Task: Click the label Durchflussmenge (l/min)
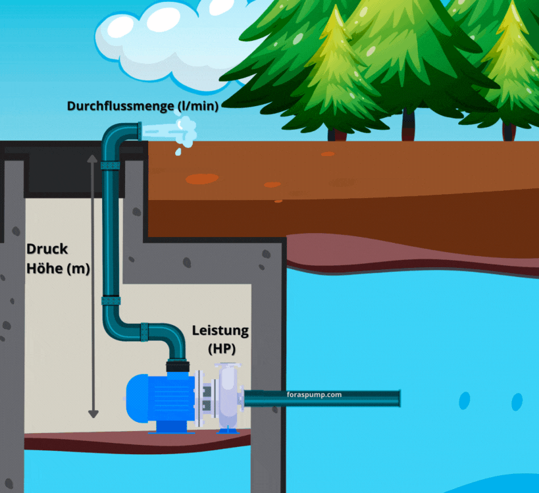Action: (142, 105)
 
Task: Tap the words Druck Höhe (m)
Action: (58, 259)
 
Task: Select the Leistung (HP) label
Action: (220, 338)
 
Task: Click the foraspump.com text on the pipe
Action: (315, 395)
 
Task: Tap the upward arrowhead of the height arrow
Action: (93, 159)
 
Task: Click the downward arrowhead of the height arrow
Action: (93, 413)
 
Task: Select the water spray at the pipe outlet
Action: (184, 130)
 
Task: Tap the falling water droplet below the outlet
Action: (178, 152)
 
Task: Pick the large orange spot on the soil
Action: (201, 178)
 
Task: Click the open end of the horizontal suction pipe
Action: (398, 398)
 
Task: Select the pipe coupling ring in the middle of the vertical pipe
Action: (111, 301)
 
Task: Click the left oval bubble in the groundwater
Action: (465, 400)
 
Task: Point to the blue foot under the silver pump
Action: (228, 429)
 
